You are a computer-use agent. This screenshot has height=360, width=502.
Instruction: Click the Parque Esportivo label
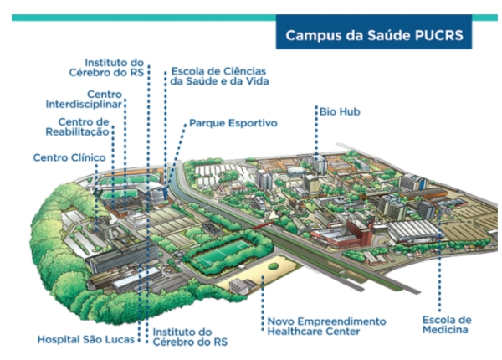click(233, 123)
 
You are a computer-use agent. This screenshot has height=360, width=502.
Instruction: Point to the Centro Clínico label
click(69, 157)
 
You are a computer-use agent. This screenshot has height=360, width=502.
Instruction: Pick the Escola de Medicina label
click(447, 325)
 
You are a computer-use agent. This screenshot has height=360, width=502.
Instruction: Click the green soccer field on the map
click(215, 251)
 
